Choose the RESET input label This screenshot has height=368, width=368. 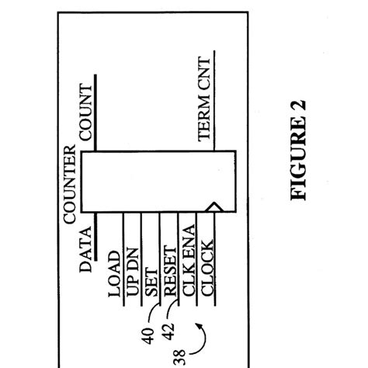click(168, 271)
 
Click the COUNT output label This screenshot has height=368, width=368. click(86, 115)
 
